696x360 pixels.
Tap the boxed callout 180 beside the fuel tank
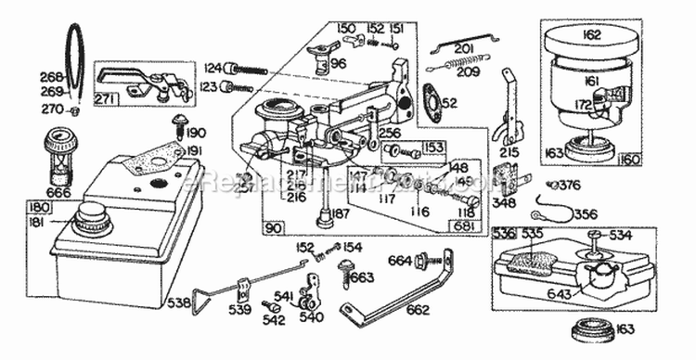(x=38, y=207)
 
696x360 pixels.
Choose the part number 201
(x=464, y=48)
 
